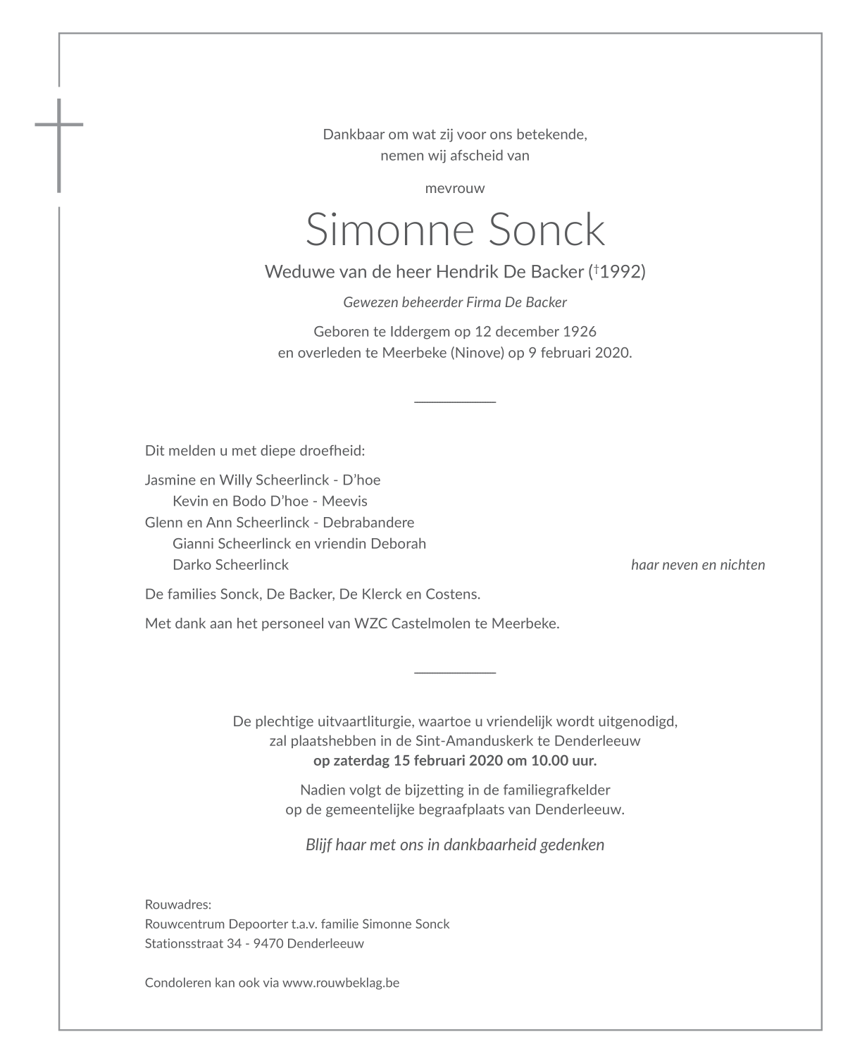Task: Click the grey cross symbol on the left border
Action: click(x=59, y=134)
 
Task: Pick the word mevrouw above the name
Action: click(x=455, y=188)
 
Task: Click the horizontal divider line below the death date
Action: click(x=455, y=402)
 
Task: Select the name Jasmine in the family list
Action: click(x=167, y=480)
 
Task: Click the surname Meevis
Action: click(x=344, y=502)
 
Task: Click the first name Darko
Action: click(x=191, y=565)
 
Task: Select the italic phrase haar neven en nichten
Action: click(x=697, y=565)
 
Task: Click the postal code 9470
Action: click(x=266, y=944)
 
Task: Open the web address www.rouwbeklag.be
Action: click(x=341, y=983)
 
